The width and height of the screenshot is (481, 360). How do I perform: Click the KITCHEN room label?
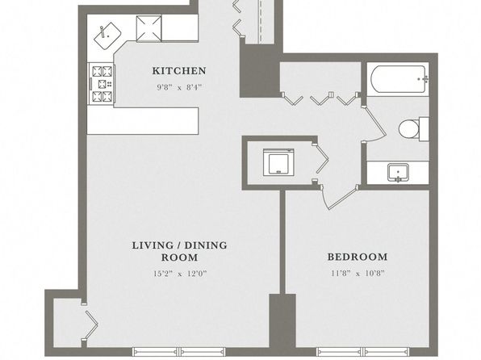tap(179, 71)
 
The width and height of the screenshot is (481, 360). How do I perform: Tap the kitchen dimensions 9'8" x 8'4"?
tap(179, 87)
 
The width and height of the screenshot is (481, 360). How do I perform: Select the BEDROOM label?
tap(358, 257)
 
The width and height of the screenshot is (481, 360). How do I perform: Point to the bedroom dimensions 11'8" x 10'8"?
tap(358, 273)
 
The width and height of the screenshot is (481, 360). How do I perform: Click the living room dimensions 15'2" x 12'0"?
tap(180, 273)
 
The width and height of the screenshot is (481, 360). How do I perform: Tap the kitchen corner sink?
tap(107, 36)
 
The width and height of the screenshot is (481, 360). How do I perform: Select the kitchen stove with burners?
tap(102, 84)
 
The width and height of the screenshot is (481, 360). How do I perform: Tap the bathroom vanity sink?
tap(398, 173)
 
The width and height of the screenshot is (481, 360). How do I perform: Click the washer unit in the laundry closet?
tap(278, 162)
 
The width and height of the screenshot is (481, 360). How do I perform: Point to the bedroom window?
tap(362, 352)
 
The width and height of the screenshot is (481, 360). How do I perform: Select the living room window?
tap(179, 352)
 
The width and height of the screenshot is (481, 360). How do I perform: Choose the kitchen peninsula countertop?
tap(143, 120)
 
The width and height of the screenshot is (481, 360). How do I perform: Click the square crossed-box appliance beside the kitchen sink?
tap(148, 28)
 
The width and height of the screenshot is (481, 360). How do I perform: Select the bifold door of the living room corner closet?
tap(90, 323)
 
